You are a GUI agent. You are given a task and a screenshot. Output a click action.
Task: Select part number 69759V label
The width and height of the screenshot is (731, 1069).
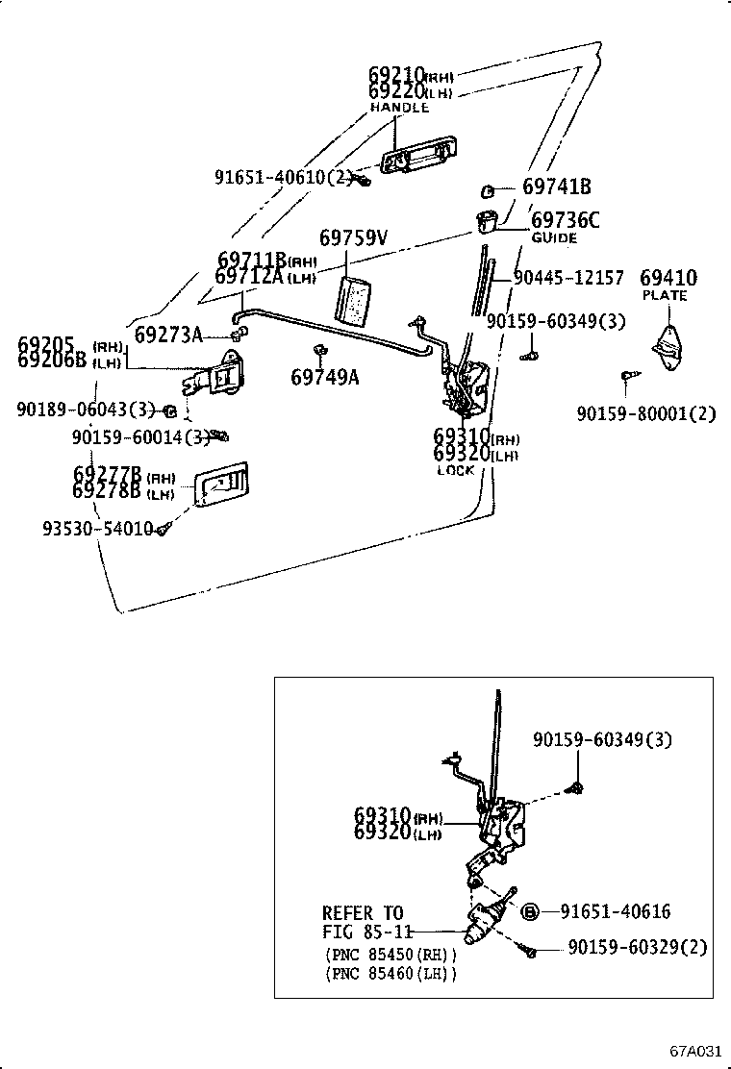click(353, 237)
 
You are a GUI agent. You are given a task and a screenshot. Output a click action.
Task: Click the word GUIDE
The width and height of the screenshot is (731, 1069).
click(554, 237)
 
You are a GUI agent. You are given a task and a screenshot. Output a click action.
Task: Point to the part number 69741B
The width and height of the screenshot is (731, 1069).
click(557, 187)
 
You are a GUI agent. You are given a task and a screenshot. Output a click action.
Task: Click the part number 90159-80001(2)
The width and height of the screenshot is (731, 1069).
click(646, 413)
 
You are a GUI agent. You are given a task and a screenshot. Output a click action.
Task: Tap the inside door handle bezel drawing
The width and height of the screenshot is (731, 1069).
click(220, 485)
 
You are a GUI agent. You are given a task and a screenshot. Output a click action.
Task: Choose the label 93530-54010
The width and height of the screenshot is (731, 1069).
click(97, 529)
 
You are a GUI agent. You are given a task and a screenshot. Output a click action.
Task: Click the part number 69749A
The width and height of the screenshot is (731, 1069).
click(324, 377)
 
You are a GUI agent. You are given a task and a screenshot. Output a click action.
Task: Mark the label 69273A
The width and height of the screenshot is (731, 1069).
click(168, 335)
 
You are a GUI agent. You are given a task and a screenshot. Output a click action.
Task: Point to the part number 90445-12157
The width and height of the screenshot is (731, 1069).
click(567, 278)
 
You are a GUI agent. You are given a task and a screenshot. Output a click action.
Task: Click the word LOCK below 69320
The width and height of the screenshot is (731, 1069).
click(456, 470)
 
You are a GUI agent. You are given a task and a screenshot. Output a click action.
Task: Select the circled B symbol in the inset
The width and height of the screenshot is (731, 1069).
click(528, 911)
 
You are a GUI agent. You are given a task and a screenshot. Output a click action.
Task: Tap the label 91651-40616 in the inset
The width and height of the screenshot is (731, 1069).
click(615, 911)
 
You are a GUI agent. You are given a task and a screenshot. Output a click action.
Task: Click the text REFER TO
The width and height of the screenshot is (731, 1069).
click(363, 912)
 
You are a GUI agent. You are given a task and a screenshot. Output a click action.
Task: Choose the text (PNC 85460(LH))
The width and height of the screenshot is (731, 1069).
click(390, 974)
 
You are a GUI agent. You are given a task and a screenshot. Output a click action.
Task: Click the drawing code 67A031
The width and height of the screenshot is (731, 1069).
click(695, 1049)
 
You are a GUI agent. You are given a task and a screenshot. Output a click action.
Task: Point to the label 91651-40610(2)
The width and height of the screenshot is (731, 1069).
click(283, 177)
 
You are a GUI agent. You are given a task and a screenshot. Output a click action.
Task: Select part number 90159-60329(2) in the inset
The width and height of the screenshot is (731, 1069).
click(637, 947)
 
